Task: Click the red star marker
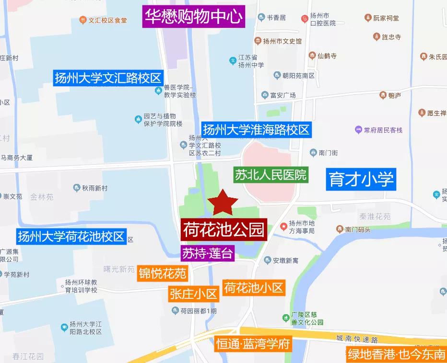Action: (222, 203)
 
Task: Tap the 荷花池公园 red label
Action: (223, 229)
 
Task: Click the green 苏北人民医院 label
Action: (271, 174)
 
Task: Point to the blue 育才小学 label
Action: (362, 179)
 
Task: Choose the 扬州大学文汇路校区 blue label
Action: (108, 78)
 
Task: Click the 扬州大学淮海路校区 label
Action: (256, 129)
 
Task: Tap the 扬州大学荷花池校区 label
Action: (71, 236)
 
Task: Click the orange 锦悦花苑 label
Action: (162, 273)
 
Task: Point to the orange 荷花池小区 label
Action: (254, 288)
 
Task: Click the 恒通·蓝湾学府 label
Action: (252, 344)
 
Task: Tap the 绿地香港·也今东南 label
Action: (396, 355)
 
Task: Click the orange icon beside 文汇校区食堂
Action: (82, 21)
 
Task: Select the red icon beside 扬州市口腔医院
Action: (305, 19)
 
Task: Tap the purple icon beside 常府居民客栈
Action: (358, 130)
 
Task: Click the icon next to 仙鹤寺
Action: (312, 56)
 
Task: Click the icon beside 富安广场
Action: (264, 95)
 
